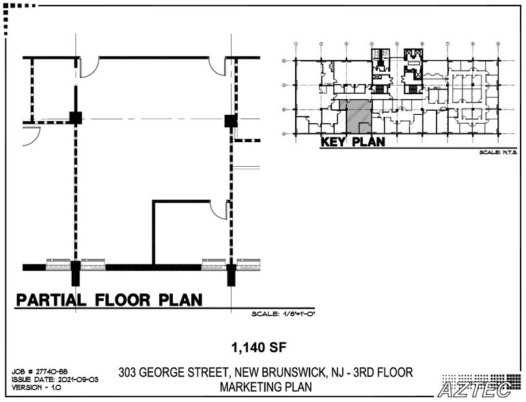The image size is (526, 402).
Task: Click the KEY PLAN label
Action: click(352, 142)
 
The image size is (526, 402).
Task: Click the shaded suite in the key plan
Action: click(358, 116)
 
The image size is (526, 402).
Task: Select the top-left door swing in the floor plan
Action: click(89, 66)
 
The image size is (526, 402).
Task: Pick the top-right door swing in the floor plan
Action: click(218, 66)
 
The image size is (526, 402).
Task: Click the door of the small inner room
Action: click(219, 209)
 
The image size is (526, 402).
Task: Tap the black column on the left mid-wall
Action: click(75, 117)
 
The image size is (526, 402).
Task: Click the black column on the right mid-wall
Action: click(231, 121)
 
